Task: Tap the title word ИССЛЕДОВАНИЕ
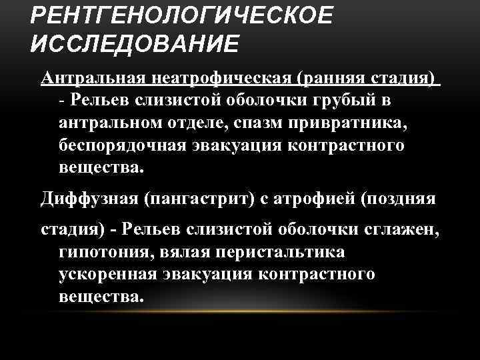pyautogui.click(x=133, y=44)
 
